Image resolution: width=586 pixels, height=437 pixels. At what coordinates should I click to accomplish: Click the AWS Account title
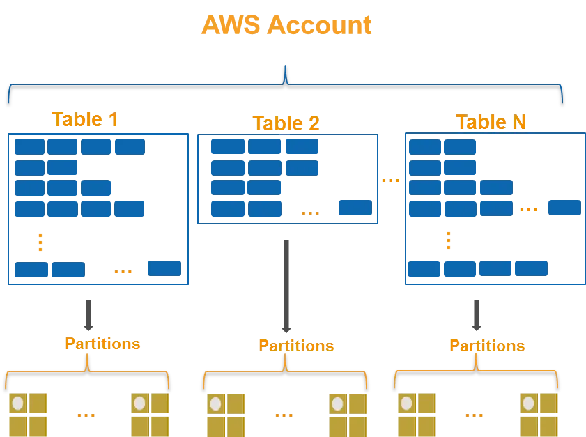pyautogui.click(x=286, y=25)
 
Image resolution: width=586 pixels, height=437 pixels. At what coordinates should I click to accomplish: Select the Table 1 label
pyautogui.click(x=85, y=120)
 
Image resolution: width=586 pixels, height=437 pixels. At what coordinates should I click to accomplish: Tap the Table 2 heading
pyautogui.click(x=286, y=124)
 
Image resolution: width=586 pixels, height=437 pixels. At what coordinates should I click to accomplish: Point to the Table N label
pyautogui.click(x=491, y=121)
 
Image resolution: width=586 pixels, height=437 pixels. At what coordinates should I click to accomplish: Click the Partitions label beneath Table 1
pyautogui.click(x=103, y=344)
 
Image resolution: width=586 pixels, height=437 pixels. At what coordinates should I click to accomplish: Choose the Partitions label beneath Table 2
pyautogui.click(x=296, y=345)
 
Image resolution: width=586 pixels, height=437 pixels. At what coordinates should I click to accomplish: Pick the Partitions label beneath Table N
pyautogui.click(x=487, y=345)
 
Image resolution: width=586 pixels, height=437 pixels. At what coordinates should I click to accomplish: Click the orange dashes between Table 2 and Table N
pyautogui.click(x=390, y=181)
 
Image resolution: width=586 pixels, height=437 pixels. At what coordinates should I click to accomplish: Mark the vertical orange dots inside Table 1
pyautogui.click(x=40, y=242)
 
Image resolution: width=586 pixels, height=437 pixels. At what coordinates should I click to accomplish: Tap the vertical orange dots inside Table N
pyautogui.click(x=448, y=240)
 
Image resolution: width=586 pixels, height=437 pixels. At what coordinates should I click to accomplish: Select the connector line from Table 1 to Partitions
pyautogui.click(x=89, y=315)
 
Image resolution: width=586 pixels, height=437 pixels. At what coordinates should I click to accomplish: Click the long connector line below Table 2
pyautogui.click(x=284, y=286)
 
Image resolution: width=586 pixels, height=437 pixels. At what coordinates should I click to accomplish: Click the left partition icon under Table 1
pyautogui.click(x=29, y=413)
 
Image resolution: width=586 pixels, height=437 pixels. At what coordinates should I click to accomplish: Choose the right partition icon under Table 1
pyautogui.click(x=149, y=413)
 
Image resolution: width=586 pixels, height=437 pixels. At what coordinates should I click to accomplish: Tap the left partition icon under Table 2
pyautogui.click(x=226, y=413)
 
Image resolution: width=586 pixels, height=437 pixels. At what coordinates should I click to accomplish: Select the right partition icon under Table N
pyautogui.click(x=538, y=413)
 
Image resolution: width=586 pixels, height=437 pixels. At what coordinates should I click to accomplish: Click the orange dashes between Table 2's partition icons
pyautogui.click(x=284, y=415)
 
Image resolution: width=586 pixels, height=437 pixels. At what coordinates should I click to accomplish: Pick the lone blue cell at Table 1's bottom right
pyautogui.click(x=164, y=269)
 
